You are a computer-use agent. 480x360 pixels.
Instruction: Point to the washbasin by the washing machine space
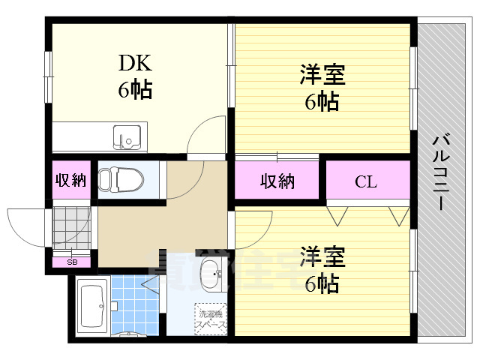pos(212,274)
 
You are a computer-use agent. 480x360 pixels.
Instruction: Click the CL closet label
pos(366,181)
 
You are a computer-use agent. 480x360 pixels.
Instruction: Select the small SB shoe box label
pos(72,262)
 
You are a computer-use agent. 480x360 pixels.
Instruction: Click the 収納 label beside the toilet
pos(70,180)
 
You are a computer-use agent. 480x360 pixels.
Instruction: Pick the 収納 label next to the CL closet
pos(277,181)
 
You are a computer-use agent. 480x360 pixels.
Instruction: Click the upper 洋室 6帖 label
pos(322,88)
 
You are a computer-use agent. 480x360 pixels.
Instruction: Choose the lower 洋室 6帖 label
pos(322,269)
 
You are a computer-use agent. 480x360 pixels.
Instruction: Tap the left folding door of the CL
pos(337,214)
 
